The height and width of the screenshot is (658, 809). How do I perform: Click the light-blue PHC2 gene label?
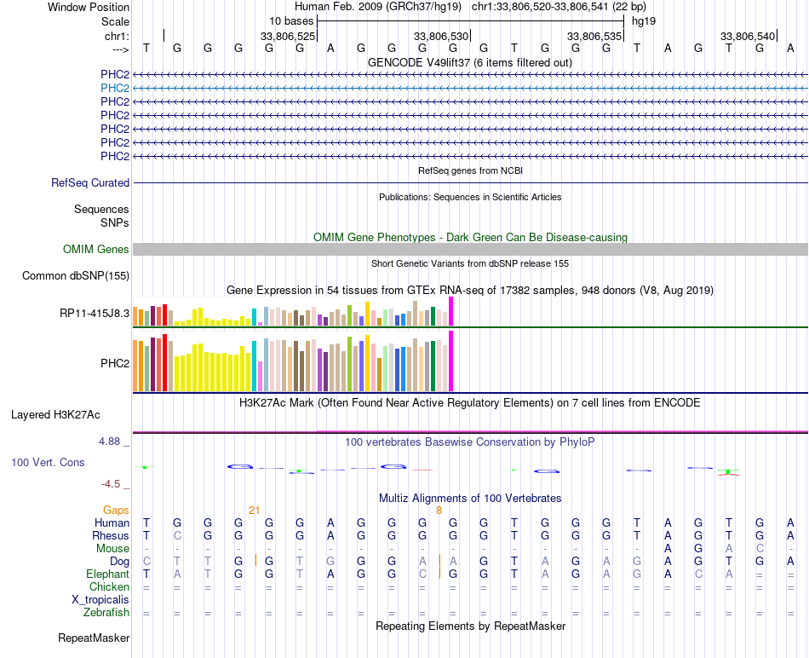tap(115, 88)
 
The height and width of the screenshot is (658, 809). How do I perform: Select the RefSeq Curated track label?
tap(90, 182)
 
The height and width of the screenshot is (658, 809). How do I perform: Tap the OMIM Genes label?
tap(96, 250)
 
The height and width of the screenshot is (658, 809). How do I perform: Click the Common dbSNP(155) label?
tap(76, 275)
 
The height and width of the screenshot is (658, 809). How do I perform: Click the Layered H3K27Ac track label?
tap(55, 415)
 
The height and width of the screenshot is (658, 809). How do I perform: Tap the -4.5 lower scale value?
tap(111, 484)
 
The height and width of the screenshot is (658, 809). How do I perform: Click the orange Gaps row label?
tap(116, 510)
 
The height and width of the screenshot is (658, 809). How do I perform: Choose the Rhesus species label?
tap(111, 535)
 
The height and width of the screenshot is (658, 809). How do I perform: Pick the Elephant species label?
tap(108, 574)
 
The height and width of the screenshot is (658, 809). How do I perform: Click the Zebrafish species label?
tap(106, 612)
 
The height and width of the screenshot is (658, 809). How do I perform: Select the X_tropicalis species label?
tap(101, 599)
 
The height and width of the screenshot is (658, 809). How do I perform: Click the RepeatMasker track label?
tap(94, 638)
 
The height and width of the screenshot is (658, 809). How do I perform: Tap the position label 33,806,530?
tap(441, 37)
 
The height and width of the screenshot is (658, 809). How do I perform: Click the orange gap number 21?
tap(254, 510)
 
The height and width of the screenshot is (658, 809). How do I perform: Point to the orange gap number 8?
tap(439, 510)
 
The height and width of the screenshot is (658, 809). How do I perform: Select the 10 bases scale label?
tap(291, 20)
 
